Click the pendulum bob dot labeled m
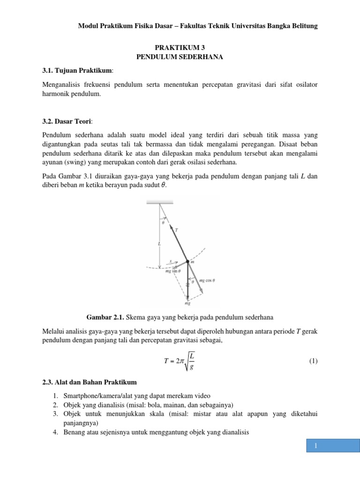tap(187, 262)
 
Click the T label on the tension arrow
tap(176, 230)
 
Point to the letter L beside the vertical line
tap(160, 244)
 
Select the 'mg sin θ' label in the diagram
tap(167, 271)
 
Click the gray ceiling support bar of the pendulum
tap(160, 202)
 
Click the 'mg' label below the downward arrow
tap(187, 303)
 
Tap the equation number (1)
tap(313, 361)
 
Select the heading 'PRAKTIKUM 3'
tap(180, 47)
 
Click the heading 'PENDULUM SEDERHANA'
tap(180, 57)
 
